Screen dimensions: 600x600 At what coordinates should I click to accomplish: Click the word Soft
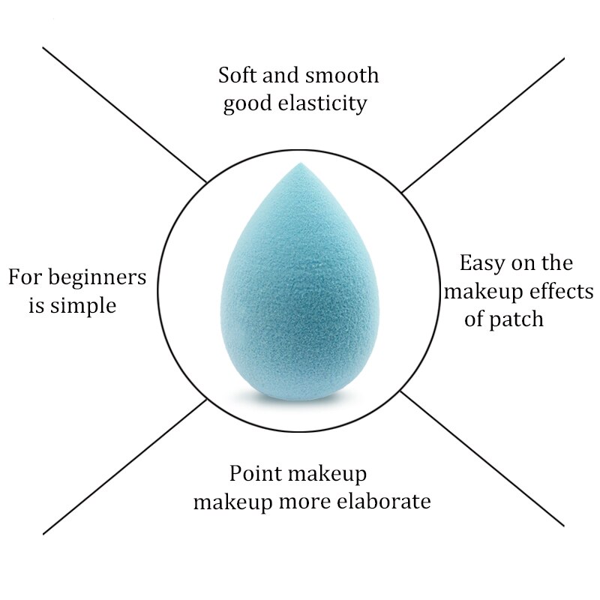(237, 76)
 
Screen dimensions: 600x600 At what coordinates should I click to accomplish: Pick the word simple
(83, 306)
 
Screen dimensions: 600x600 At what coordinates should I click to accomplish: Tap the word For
(24, 277)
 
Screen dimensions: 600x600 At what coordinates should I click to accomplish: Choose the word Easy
(481, 264)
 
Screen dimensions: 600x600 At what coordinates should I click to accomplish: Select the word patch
(515, 319)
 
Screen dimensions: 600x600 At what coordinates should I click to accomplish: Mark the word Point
(255, 473)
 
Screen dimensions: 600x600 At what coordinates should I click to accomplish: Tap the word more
(298, 502)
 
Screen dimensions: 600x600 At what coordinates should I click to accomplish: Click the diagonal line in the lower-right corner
(484, 457)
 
